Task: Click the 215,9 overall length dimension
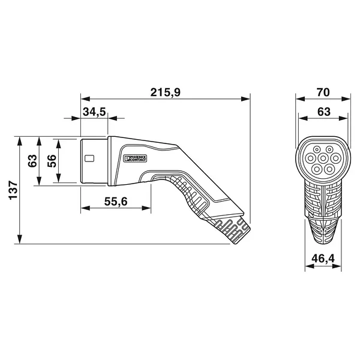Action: [x=166, y=92]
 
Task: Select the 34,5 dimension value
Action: [x=94, y=112]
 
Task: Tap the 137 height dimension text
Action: [x=13, y=190]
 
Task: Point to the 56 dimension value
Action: [x=52, y=161]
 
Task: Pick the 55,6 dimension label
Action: [x=116, y=202]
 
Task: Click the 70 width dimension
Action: [x=323, y=92]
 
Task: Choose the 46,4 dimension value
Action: [x=323, y=259]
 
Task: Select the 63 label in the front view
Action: [x=324, y=112]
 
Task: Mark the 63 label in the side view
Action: [x=32, y=161]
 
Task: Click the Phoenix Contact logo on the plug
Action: [x=135, y=158]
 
